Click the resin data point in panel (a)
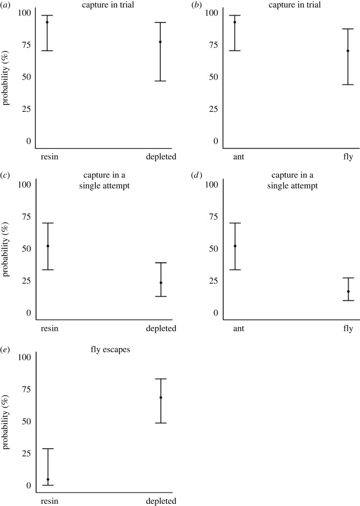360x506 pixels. (47, 22)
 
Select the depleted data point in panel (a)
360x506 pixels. (160, 42)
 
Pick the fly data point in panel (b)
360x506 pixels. (348, 51)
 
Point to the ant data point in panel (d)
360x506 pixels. (235, 246)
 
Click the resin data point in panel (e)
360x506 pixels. (48, 480)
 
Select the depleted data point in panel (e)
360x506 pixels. (160, 397)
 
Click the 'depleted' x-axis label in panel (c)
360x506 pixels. (160, 329)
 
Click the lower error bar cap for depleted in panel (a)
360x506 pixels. (160, 81)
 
